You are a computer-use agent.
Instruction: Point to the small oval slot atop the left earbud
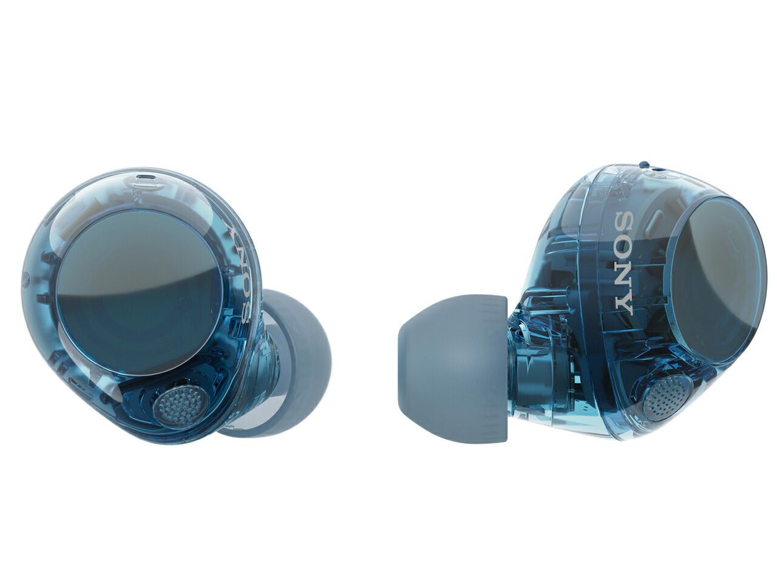point(145,178)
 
